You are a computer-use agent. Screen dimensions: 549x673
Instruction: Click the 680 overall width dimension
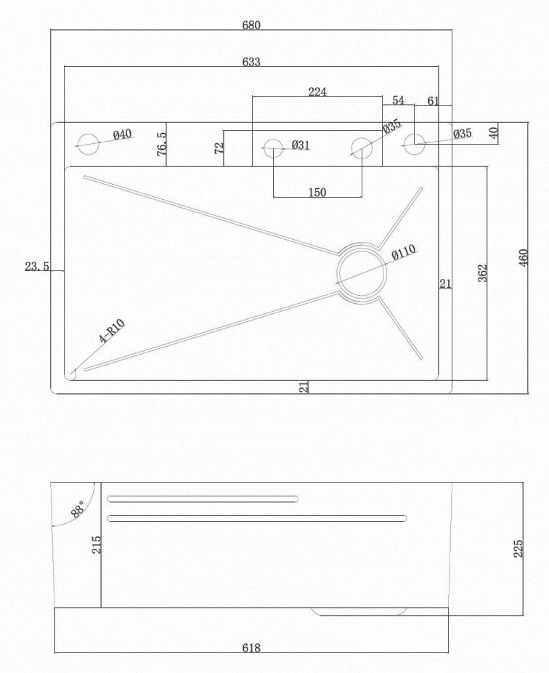click(x=251, y=25)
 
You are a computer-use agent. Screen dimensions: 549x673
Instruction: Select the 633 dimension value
click(x=251, y=62)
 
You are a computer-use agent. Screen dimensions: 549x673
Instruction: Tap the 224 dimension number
click(x=317, y=92)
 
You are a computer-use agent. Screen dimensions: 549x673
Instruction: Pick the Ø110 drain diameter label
click(x=404, y=252)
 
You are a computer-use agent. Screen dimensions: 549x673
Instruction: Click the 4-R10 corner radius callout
click(x=112, y=331)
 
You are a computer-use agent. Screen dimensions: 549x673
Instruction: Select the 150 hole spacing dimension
click(x=317, y=193)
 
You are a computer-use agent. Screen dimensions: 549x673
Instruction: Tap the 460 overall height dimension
click(x=524, y=257)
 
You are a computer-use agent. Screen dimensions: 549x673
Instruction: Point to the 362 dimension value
click(x=482, y=273)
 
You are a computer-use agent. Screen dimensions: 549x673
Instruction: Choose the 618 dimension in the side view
click(x=251, y=648)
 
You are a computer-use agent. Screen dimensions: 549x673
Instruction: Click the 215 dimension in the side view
click(x=97, y=544)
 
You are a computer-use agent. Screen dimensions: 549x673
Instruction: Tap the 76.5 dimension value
click(x=162, y=143)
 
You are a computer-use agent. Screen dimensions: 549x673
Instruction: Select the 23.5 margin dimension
click(x=37, y=267)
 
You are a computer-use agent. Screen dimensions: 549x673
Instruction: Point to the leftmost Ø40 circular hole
click(x=88, y=144)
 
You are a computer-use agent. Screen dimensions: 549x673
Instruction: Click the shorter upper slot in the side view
click(x=203, y=499)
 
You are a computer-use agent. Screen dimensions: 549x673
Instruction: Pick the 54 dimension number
click(x=398, y=100)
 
